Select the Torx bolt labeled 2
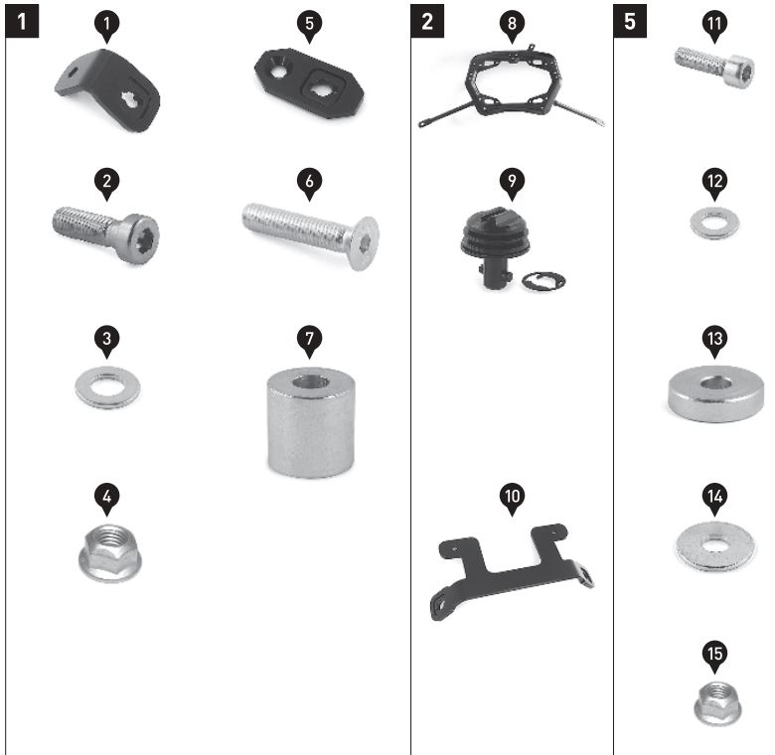[106, 233]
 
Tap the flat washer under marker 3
[107, 386]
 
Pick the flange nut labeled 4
[110, 552]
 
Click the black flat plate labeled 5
[309, 82]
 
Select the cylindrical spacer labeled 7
[311, 422]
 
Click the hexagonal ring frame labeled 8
[511, 84]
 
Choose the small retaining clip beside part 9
[543, 281]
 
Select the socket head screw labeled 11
[714, 68]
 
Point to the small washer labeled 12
[714, 224]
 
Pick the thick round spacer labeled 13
[715, 393]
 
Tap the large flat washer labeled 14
[715, 546]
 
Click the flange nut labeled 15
[717, 704]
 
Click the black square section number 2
[427, 21]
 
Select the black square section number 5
[630, 21]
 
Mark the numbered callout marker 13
[714, 341]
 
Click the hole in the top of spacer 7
[311, 381]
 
